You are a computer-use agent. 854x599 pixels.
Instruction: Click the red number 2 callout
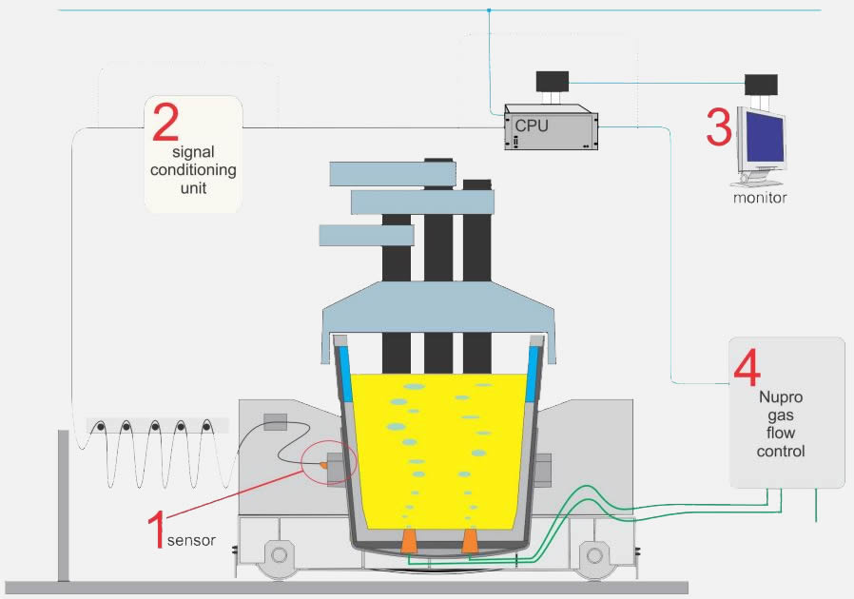pyautogui.click(x=165, y=124)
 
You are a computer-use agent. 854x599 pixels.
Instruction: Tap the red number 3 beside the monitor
pyautogui.click(x=719, y=127)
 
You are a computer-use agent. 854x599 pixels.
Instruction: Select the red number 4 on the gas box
pyautogui.click(x=747, y=366)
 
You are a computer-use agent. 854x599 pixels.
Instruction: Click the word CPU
pyautogui.click(x=532, y=126)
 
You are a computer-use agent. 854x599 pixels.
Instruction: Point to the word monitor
pyautogui.click(x=760, y=199)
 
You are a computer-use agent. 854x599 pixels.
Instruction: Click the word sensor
pyautogui.click(x=191, y=540)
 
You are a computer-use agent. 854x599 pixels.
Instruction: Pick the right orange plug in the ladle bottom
pyautogui.click(x=470, y=541)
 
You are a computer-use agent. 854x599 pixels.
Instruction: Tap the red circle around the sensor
pyautogui.click(x=329, y=463)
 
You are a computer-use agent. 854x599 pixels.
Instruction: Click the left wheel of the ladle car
pyautogui.click(x=278, y=553)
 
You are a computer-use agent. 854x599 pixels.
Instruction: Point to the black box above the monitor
pyautogui.click(x=761, y=85)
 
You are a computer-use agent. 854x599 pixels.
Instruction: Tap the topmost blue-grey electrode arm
pyautogui.click(x=376, y=174)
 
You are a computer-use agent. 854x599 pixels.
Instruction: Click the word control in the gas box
pyautogui.click(x=781, y=451)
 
